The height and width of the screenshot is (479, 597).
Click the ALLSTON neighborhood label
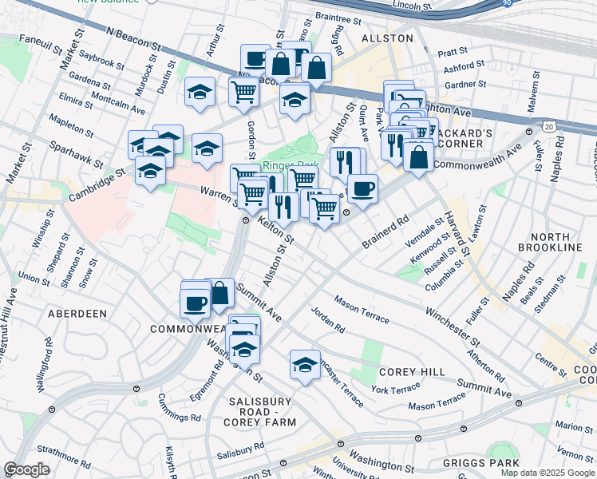pyautogui.click(x=387, y=38)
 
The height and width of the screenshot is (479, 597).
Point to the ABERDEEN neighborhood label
pyautogui.click(x=77, y=314)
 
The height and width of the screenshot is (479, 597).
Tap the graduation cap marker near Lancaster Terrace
pyautogui.click(x=305, y=365)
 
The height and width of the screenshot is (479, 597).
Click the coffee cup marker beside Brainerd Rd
pyautogui.click(x=362, y=188)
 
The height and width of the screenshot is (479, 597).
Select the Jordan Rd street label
pyautogui.click(x=327, y=319)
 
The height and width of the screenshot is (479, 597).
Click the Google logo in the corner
pyautogui.click(x=26, y=470)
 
